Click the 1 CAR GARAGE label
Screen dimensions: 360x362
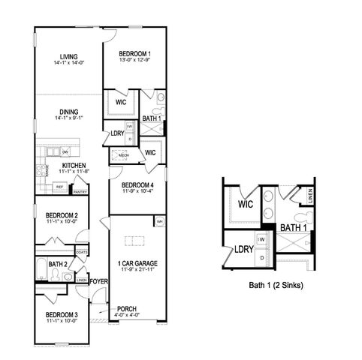click(137, 262)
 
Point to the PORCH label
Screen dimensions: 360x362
click(127, 308)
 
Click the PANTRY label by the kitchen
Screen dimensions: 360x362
click(80, 191)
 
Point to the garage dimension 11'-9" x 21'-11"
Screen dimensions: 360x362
click(137, 270)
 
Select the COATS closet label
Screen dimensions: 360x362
click(81, 252)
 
